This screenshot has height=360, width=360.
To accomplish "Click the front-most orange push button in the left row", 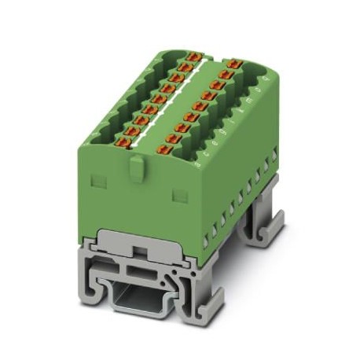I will [123, 144].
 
